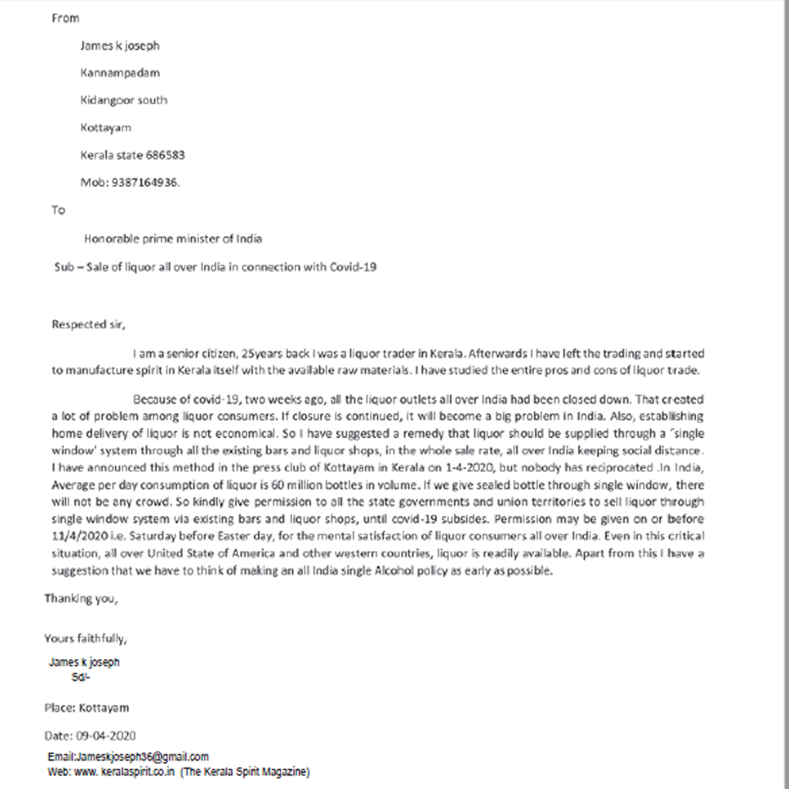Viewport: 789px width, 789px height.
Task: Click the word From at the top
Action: (65, 18)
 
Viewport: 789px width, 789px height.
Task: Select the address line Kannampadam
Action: (120, 73)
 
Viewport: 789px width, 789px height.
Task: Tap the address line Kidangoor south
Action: (124, 100)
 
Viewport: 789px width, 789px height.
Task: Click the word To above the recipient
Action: (58, 211)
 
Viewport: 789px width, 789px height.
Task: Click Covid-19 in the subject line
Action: (354, 267)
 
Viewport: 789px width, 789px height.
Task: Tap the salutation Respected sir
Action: (88, 323)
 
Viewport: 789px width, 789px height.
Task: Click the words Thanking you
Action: (80, 598)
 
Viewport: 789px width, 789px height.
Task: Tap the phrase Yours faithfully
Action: (84, 638)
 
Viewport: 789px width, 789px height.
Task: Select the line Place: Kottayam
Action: (86, 708)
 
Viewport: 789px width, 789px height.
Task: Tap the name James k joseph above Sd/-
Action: (84, 663)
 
